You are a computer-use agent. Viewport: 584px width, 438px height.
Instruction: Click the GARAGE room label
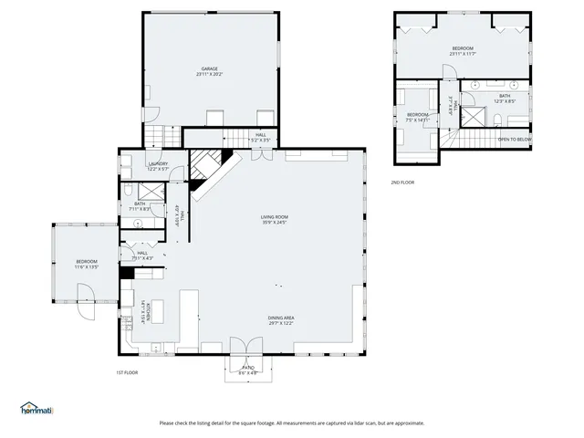coord(209,71)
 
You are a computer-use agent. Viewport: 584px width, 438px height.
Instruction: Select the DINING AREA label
coord(280,319)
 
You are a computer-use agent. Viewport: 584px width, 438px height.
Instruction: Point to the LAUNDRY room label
coord(158,166)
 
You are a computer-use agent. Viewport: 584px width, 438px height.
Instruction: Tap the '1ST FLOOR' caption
coord(126,373)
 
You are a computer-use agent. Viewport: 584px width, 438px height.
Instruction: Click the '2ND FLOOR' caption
coord(402,182)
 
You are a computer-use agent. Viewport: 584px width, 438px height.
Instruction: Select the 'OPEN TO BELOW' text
coord(514,140)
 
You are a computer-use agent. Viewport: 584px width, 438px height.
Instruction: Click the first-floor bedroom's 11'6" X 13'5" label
coord(86,265)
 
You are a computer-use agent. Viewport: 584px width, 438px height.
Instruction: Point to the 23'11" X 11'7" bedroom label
coord(463,50)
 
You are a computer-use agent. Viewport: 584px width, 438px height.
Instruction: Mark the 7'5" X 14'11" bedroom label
coord(418,117)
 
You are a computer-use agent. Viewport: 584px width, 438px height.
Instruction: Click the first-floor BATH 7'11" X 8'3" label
coord(140,206)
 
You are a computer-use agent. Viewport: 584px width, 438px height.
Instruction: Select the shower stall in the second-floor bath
coord(474,116)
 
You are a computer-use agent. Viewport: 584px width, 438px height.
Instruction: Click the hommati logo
coord(36,408)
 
